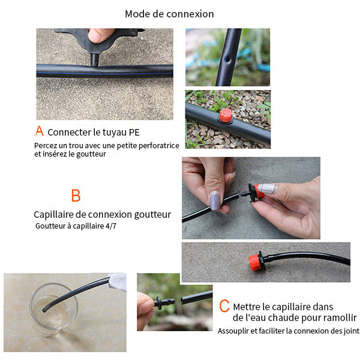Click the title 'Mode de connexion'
pyautogui.click(x=169, y=14)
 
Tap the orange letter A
pyautogui.click(x=39, y=131)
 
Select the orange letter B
pyautogui.click(x=76, y=195)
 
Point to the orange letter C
pyautogui.click(x=224, y=305)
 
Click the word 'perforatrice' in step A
pyautogui.click(x=159, y=146)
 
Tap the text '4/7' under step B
pyautogui.click(x=111, y=226)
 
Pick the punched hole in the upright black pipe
pyautogui.click(x=228, y=60)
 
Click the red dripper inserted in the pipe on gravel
pyautogui.click(x=226, y=115)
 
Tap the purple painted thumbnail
pyautogui.click(x=215, y=200)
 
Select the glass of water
pyautogui.click(x=54, y=309)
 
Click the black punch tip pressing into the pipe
pyautogui.click(x=94, y=59)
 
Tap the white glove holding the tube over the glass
pyautogui.click(x=118, y=282)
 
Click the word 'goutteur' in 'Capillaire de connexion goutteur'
pyautogui.click(x=152, y=215)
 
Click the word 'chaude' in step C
pyautogui.click(x=283, y=318)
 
